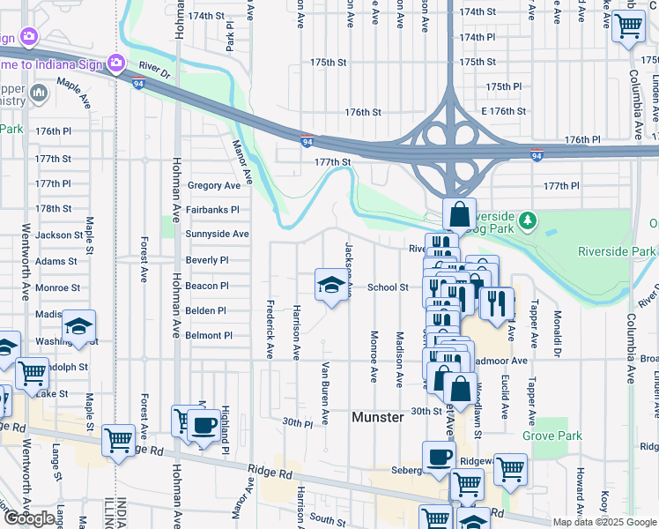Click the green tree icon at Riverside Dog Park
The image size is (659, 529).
point(527,220)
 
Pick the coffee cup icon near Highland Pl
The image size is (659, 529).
point(204,425)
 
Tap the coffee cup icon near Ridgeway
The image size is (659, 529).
point(438,457)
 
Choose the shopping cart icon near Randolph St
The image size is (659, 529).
point(33,373)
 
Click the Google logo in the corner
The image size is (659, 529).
point(29,518)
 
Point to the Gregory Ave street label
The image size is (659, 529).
point(213,186)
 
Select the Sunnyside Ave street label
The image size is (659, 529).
point(217,235)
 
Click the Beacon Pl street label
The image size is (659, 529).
point(207,287)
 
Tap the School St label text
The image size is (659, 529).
point(388,287)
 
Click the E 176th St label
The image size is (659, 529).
point(503,112)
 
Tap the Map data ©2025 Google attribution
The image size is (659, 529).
point(603,522)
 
